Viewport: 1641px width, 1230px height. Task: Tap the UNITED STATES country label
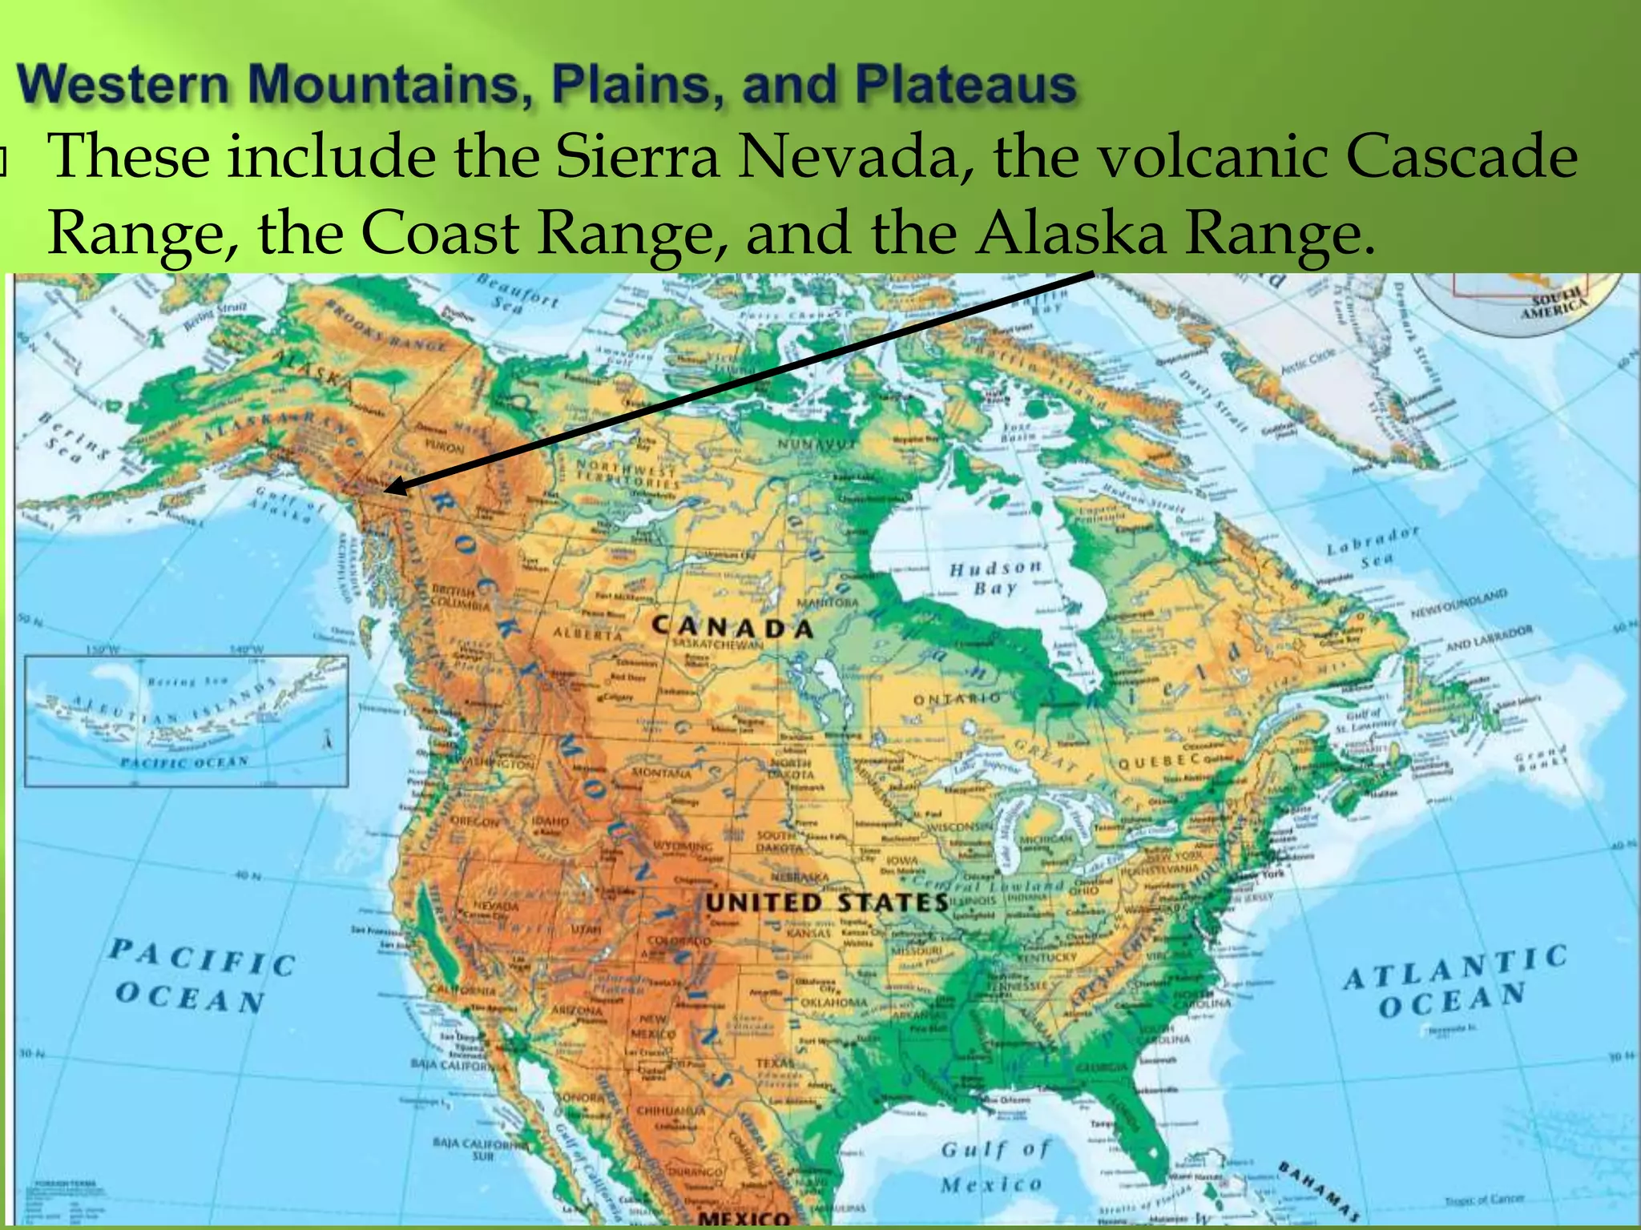coord(826,902)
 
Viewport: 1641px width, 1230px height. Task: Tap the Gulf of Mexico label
coord(994,1167)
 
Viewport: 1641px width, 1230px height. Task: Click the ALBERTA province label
coord(587,634)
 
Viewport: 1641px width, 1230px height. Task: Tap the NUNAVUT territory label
coord(816,444)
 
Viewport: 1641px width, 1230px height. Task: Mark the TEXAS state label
coord(775,1063)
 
